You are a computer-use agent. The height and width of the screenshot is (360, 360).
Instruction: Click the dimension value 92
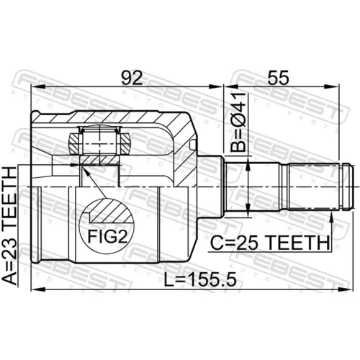coord(132,77)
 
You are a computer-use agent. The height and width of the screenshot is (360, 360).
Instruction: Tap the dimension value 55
coord(279,77)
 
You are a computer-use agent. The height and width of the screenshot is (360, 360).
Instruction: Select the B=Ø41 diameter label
coord(238,122)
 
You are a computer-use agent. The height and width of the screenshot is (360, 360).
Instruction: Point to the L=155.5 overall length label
coord(200,279)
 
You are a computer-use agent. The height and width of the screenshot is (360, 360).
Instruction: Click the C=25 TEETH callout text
coord(270,243)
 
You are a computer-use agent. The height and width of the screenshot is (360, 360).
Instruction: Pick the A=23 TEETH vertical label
coord(10,225)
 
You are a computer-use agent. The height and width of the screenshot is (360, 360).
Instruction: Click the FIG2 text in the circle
coord(107,236)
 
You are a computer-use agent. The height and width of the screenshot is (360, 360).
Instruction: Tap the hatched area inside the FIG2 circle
coord(111,212)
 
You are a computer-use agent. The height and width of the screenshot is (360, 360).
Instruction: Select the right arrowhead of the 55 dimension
coord(333,86)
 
